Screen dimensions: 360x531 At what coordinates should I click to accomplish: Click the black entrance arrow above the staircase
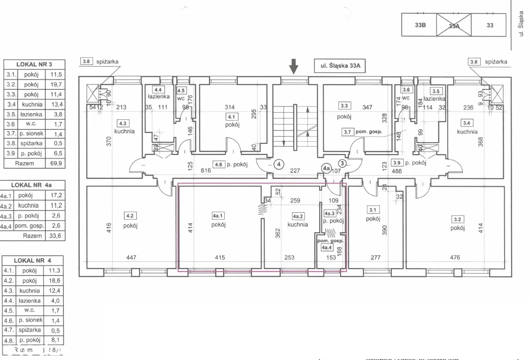coord(294,67)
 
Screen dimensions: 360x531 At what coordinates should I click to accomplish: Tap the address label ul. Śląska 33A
coord(341,66)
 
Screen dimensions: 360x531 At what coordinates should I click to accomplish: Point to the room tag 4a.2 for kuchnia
coord(298,216)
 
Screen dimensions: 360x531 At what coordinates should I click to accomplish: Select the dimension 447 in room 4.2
coord(131,257)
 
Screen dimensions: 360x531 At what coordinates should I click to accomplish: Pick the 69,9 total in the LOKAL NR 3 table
coord(55,163)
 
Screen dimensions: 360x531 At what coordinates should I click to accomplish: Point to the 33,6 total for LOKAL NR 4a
coord(55,235)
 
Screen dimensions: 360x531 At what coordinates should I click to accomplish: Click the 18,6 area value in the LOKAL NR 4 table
coord(55,281)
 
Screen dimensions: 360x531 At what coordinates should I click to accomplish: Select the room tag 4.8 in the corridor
coord(218,165)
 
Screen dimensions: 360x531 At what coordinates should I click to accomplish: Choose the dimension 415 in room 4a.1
coord(220,257)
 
